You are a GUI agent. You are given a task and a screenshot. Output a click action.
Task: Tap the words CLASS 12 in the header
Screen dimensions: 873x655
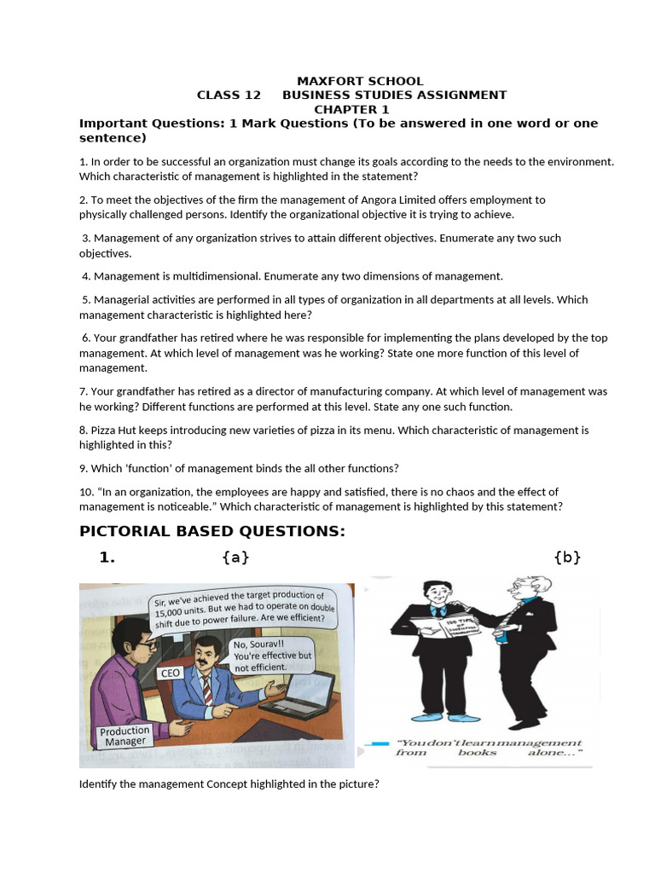coord(229,95)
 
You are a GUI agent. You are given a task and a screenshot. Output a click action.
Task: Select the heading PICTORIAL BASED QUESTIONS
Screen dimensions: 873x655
coord(212,531)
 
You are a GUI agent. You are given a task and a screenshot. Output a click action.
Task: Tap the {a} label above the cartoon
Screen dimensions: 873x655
coord(235,558)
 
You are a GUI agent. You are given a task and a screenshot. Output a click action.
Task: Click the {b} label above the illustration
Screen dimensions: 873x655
coord(567,558)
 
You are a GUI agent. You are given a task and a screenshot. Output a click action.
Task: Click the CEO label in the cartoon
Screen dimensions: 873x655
coord(171,673)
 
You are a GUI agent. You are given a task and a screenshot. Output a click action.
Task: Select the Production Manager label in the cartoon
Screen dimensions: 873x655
coord(125,737)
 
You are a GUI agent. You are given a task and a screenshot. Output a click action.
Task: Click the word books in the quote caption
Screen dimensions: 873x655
coord(477,753)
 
